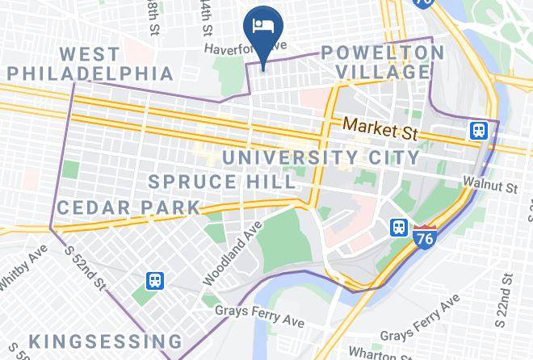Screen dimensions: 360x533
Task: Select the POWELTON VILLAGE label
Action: pyautogui.click(x=383, y=63)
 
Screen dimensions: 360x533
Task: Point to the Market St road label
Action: pyautogui.click(x=382, y=127)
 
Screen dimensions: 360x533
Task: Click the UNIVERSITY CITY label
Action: pyautogui.click(x=321, y=157)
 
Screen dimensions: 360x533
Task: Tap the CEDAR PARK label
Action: pyautogui.click(x=128, y=207)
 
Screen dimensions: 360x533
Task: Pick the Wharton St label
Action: pyautogui.click(x=383, y=352)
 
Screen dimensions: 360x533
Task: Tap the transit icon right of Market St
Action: pyautogui.click(x=479, y=130)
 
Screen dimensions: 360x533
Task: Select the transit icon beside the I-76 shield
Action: pyautogui.click(x=398, y=227)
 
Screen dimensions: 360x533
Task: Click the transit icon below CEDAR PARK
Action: pyautogui.click(x=154, y=280)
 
